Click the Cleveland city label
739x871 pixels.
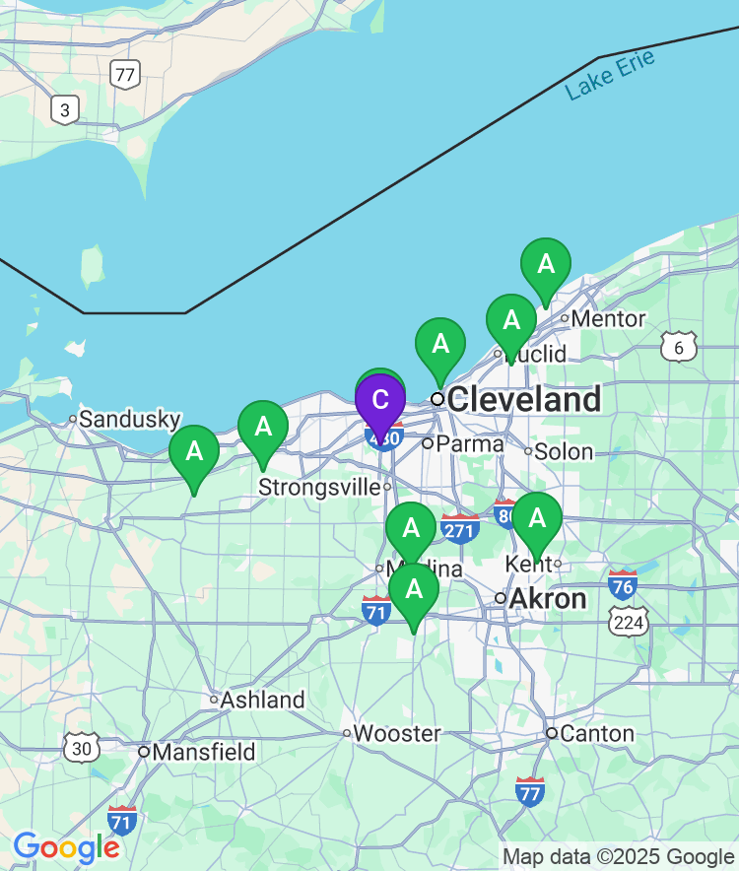click(523, 399)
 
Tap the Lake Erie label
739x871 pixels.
click(610, 74)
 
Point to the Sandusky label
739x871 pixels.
click(130, 419)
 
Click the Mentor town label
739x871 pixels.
click(608, 318)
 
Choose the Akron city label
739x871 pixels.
click(547, 598)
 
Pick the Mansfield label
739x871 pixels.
click(203, 752)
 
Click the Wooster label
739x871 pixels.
click(397, 733)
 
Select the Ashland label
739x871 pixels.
click(262, 700)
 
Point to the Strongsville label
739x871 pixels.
click(319, 487)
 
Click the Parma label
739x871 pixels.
click(470, 443)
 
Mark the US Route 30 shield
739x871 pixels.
click(82, 747)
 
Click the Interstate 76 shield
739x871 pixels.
click(623, 583)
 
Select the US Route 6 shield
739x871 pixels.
click(679, 346)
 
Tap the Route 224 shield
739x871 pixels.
click(628, 621)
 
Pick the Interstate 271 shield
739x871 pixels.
click(460, 528)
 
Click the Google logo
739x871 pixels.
click(66, 846)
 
